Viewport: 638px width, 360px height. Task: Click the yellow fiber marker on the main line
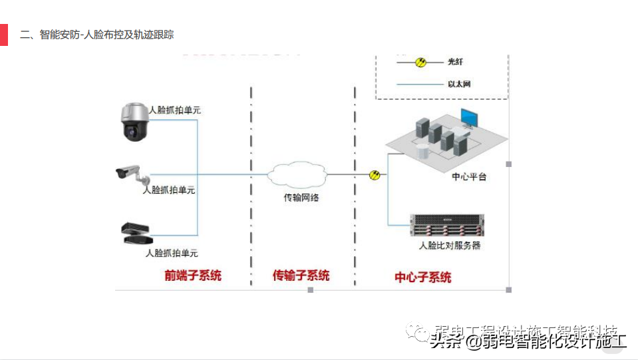375,174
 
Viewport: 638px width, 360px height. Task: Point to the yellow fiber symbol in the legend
420,62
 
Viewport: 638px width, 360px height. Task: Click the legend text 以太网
459,85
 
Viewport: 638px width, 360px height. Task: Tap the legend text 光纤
455,62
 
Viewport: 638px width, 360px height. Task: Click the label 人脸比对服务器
449,246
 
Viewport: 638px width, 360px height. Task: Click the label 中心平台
469,177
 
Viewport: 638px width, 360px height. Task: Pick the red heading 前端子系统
193,275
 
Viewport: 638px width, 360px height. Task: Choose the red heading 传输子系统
301,275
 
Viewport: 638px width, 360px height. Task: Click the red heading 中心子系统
423,277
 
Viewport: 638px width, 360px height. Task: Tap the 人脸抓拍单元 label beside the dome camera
174,110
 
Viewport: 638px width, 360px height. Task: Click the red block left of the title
3,35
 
